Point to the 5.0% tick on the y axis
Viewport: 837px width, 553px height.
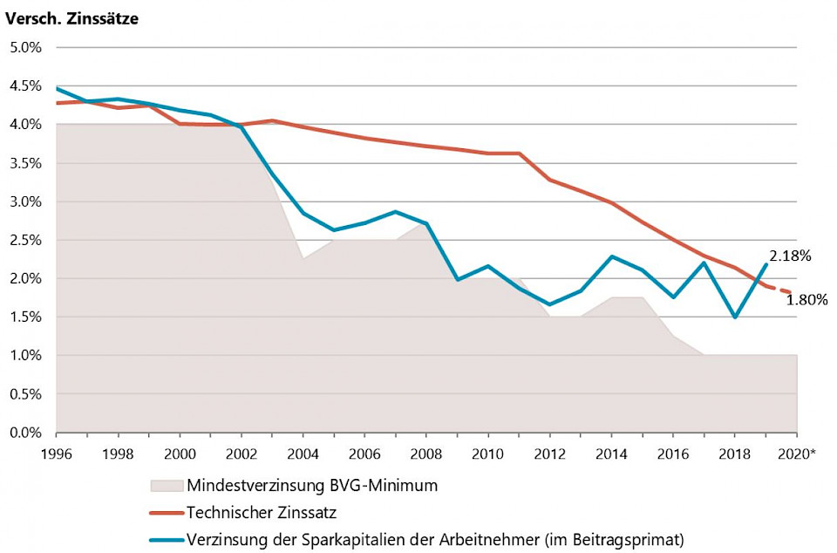[25, 47]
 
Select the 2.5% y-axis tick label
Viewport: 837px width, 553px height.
[25, 240]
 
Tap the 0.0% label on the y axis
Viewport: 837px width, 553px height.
[25, 433]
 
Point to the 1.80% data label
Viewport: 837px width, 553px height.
[806, 300]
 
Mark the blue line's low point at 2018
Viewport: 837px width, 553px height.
[735, 317]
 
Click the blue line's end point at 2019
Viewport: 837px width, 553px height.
[766, 264]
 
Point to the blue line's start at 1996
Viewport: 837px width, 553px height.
[57, 88]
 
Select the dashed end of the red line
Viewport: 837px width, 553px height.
[782, 290]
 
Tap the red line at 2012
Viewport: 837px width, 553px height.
[550, 180]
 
